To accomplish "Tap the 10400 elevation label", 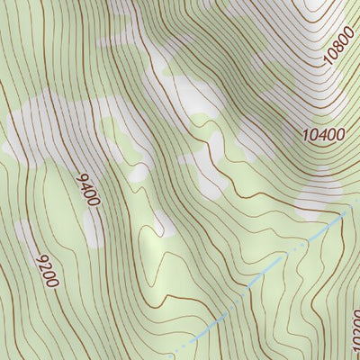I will click(x=325, y=136).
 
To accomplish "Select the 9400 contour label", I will click(x=88, y=190).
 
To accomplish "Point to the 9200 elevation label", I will click(x=48, y=270).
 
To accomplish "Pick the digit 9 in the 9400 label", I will click(x=83, y=176).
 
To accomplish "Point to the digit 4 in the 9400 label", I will click(x=86, y=185).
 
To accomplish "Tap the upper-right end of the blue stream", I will click(x=349, y=210).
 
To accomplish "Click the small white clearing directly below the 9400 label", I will click(x=94, y=230).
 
